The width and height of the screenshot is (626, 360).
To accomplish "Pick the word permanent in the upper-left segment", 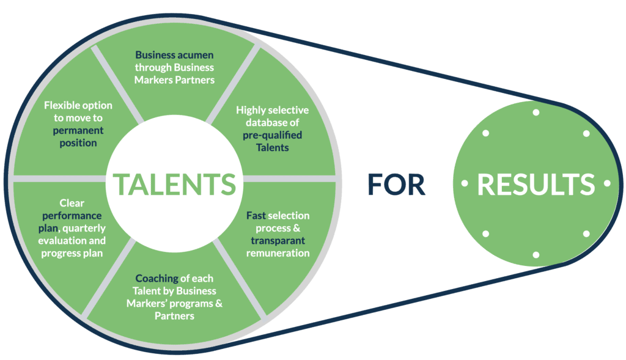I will coord(78,130).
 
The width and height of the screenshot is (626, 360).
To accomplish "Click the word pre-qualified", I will coord(272,135).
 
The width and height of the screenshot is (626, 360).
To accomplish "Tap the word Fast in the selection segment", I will coord(256,216).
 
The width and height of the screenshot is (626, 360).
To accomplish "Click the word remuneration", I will coord(278,253).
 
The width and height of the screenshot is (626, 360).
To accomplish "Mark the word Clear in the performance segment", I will coord(72,203).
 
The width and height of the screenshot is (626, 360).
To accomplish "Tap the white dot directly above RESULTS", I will coord(536,112).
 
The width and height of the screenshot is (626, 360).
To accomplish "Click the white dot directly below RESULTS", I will coord(536,255).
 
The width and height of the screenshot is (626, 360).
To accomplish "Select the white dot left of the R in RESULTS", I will coord(464,183).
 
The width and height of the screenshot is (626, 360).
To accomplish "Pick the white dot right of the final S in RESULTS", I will coord(607,183).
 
